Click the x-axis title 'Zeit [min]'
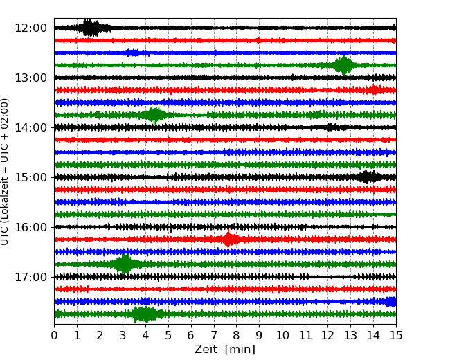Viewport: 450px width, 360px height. point(225,350)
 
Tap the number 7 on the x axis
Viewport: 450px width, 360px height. point(214,336)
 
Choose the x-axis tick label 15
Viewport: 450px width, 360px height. point(396,336)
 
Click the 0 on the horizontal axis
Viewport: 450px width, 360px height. point(54,336)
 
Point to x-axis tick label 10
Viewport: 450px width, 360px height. point(282,336)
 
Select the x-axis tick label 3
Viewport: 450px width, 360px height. point(123,336)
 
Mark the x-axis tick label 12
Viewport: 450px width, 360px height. point(327,336)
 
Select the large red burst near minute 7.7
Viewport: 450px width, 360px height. point(228,240)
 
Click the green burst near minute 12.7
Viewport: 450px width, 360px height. point(343,65)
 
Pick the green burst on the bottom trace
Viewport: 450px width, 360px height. point(144,314)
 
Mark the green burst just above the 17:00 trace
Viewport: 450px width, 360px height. point(125,264)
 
